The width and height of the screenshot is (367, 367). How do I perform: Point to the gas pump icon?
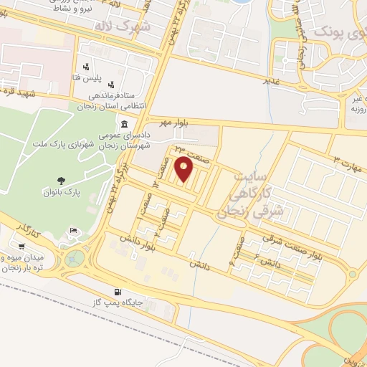[x=118, y=292]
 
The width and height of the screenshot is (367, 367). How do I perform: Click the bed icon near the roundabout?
[x=72, y=231]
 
